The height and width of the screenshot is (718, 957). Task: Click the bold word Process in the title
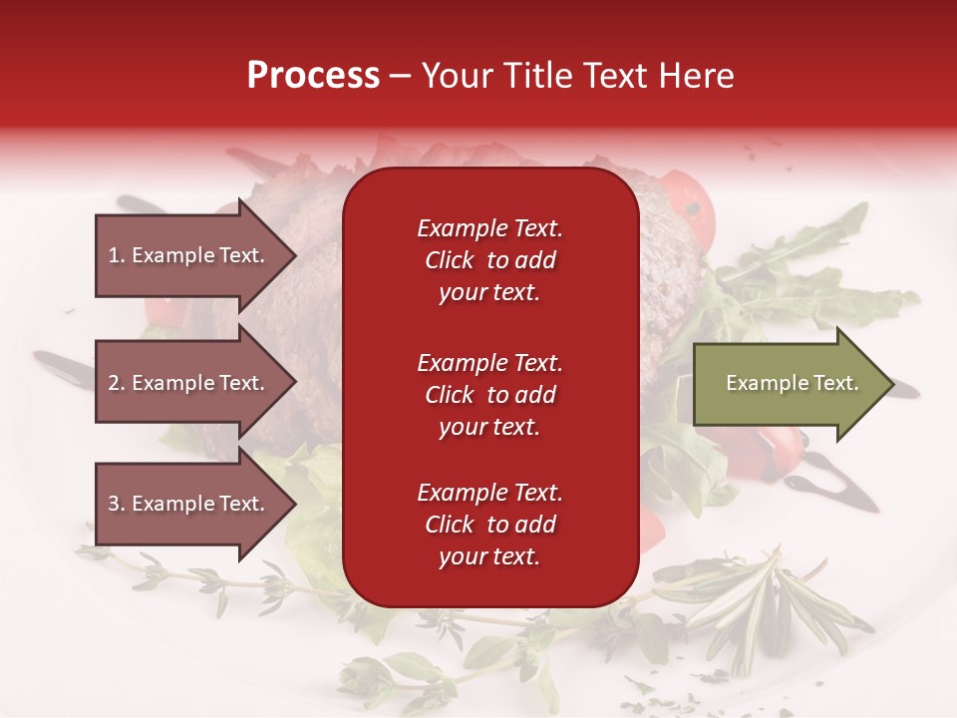[x=313, y=76]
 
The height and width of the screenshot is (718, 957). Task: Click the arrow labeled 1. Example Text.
[x=189, y=255]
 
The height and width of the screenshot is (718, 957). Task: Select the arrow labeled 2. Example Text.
[x=189, y=383]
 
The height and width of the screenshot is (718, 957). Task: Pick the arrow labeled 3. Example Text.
[x=189, y=504]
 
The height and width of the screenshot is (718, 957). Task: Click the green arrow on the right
[x=788, y=384]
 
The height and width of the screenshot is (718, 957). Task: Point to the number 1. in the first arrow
[x=117, y=255]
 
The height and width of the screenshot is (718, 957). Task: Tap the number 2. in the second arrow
[x=117, y=383]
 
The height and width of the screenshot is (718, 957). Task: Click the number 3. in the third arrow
[x=117, y=504]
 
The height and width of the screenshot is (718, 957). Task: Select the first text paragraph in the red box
[x=489, y=260]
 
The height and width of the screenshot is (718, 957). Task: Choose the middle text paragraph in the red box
[x=489, y=395]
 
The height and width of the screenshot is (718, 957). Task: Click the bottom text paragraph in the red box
[x=489, y=525]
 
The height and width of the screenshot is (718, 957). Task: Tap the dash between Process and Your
[x=400, y=76]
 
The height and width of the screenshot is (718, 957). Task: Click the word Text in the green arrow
[x=835, y=383]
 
